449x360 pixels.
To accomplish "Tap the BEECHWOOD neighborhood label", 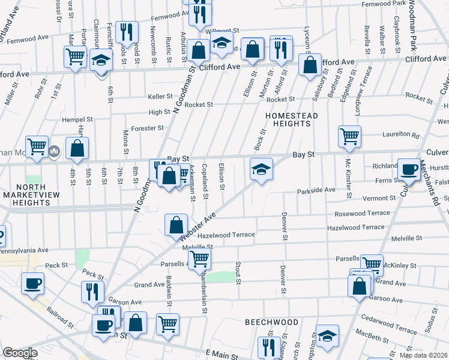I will (x=272, y=322).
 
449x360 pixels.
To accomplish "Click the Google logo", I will (x=20, y=353).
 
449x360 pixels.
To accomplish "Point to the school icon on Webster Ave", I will (x=261, y=169).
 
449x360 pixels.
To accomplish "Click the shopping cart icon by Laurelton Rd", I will (x=349, y=136).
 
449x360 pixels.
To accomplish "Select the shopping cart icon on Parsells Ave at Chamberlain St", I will (x=199, y=259).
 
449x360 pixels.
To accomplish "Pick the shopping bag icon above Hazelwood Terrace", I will (x=176, y=225).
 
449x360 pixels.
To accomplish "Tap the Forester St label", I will (x=148, y=128).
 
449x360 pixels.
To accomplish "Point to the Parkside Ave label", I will (x=316, y=190).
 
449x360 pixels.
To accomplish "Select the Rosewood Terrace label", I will (x=363, y=214).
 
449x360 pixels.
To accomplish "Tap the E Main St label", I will (x=221, y=355).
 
